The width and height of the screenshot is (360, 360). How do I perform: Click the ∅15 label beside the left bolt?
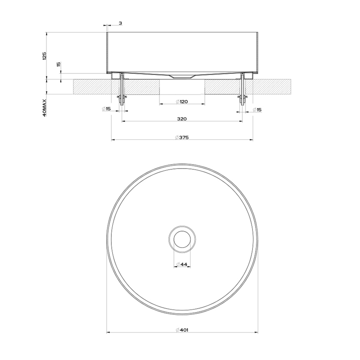coord(106,110)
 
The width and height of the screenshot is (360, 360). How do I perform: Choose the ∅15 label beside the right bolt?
coord(257,110)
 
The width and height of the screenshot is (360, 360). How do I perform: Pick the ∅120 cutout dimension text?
coord(182,102)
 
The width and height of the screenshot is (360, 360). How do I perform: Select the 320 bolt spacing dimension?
coord(182,119)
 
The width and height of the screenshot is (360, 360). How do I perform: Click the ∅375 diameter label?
coord(182,137)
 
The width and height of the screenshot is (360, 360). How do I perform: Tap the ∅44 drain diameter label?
coord(182,265)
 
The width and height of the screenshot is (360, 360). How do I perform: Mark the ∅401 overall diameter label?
coord(182,330)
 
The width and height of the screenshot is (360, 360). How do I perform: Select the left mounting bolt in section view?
coord(122,89)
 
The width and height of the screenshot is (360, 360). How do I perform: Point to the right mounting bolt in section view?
coord(243,89)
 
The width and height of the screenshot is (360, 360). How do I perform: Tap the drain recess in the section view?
coord(181,76)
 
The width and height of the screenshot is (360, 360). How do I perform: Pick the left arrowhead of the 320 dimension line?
coord(124,122)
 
